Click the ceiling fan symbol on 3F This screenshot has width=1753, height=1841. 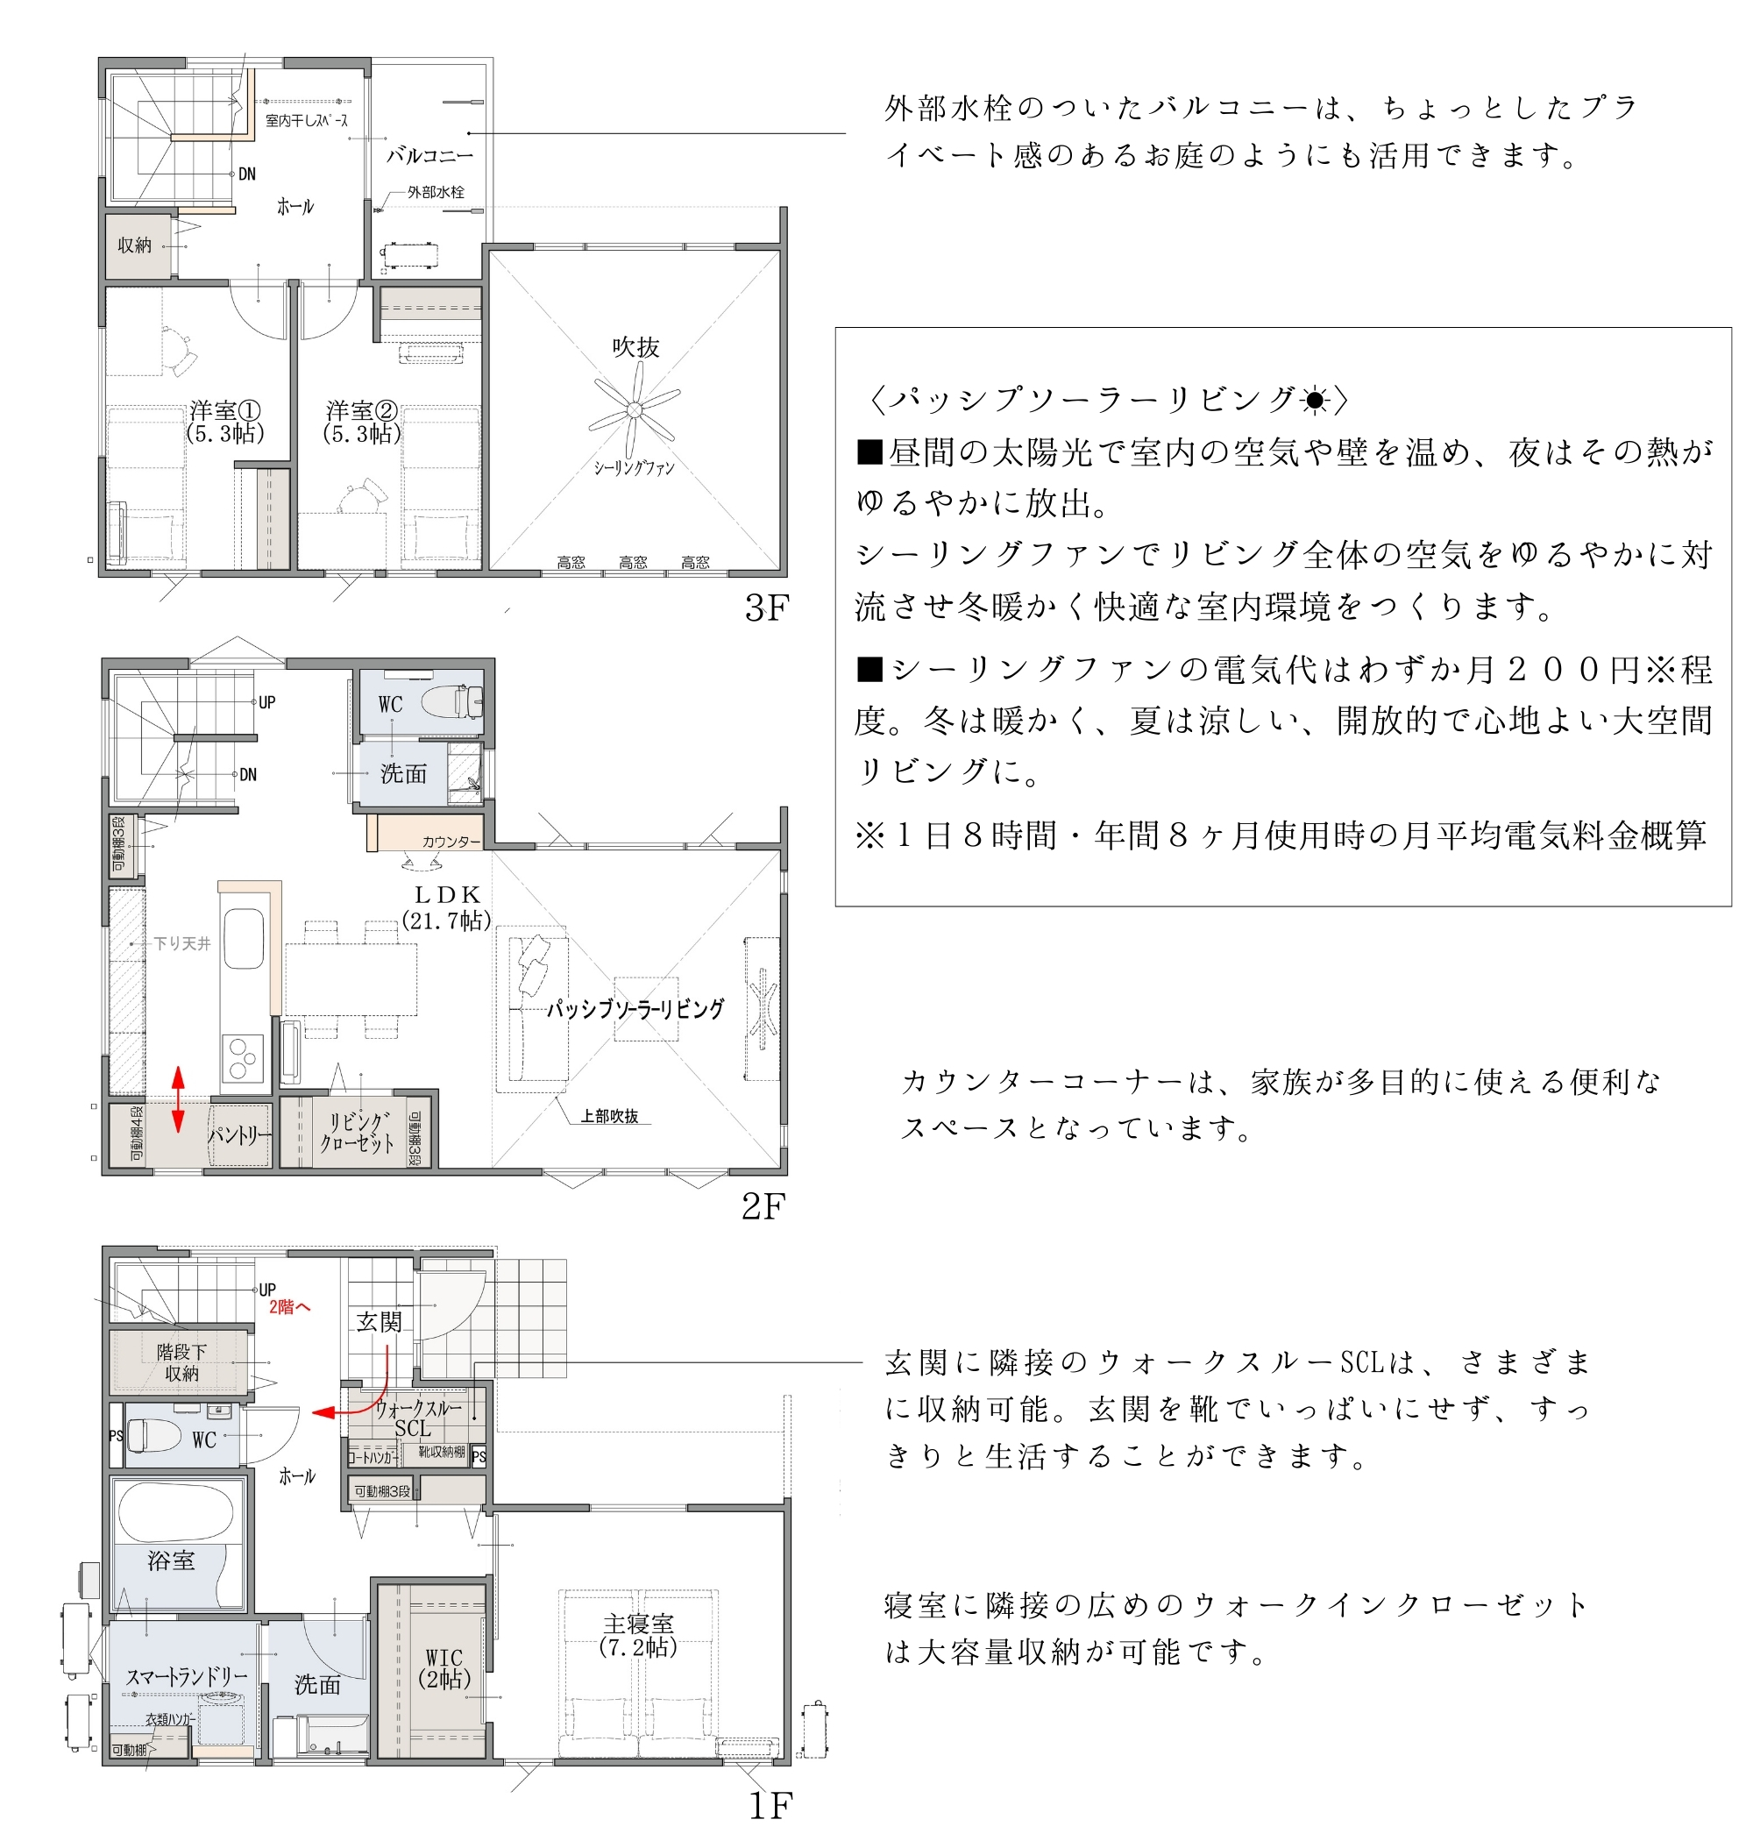click(x=635, y=409)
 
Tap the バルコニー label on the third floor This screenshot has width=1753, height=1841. click(x=429, y=155)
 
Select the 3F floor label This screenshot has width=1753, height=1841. click(x=766, y=608)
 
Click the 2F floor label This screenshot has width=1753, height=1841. click(x=763, y=1206)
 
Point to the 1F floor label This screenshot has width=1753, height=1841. click(x=771, y=1807)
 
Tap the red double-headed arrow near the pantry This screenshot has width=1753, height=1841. click(x=178, y=1099)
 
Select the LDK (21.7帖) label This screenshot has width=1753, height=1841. click(x=447, y=907)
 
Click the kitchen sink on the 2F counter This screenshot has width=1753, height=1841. click(x=244, y=939)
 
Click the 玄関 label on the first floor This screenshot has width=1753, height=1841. click(x=379, y=1321)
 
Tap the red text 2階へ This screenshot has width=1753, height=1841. click(x=289, y=1307)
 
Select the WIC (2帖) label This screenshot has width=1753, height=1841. click(x=444, y=1669)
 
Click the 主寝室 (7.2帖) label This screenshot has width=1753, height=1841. click(x=638, y=1635)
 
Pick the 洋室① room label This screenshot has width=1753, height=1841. click(x=225, y=422)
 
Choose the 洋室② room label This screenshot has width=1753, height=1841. click(x=362, y=422)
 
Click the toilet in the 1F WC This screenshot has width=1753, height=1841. click(x=154, y=1434)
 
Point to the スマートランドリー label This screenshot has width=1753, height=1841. click(x=187, y=1676)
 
